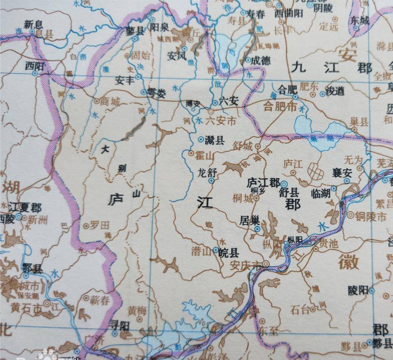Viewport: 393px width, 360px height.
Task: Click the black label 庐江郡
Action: coord(263,183)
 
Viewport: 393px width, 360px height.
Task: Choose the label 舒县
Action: coord(289,193)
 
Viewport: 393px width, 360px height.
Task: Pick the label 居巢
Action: coord(248,220)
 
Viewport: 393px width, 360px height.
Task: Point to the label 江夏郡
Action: coord(25,208)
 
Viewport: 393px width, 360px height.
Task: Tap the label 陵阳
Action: coord(358,290)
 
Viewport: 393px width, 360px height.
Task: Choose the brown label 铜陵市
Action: coord(370,217)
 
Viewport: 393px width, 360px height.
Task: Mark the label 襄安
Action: coord(342,173)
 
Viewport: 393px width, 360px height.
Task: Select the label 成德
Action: coord(261,60)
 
